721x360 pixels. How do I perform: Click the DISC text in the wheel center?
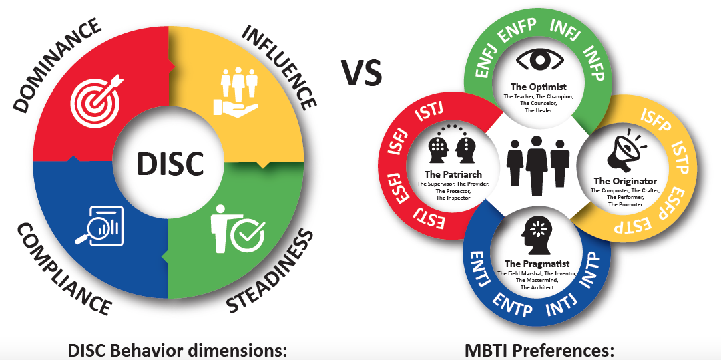click(170, 163)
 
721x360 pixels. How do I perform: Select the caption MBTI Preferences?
click(539, 350)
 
